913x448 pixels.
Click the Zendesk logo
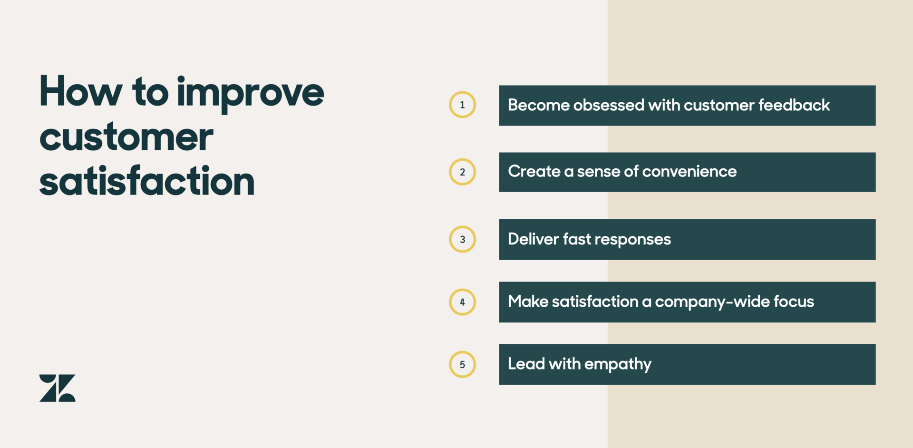click(57, 388)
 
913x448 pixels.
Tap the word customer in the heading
click(126, 137)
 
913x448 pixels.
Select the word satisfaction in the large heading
click(147, 180)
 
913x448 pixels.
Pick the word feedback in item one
click(794, 105)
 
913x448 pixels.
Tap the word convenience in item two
click(689, 171)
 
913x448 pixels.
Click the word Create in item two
click(534, 171)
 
